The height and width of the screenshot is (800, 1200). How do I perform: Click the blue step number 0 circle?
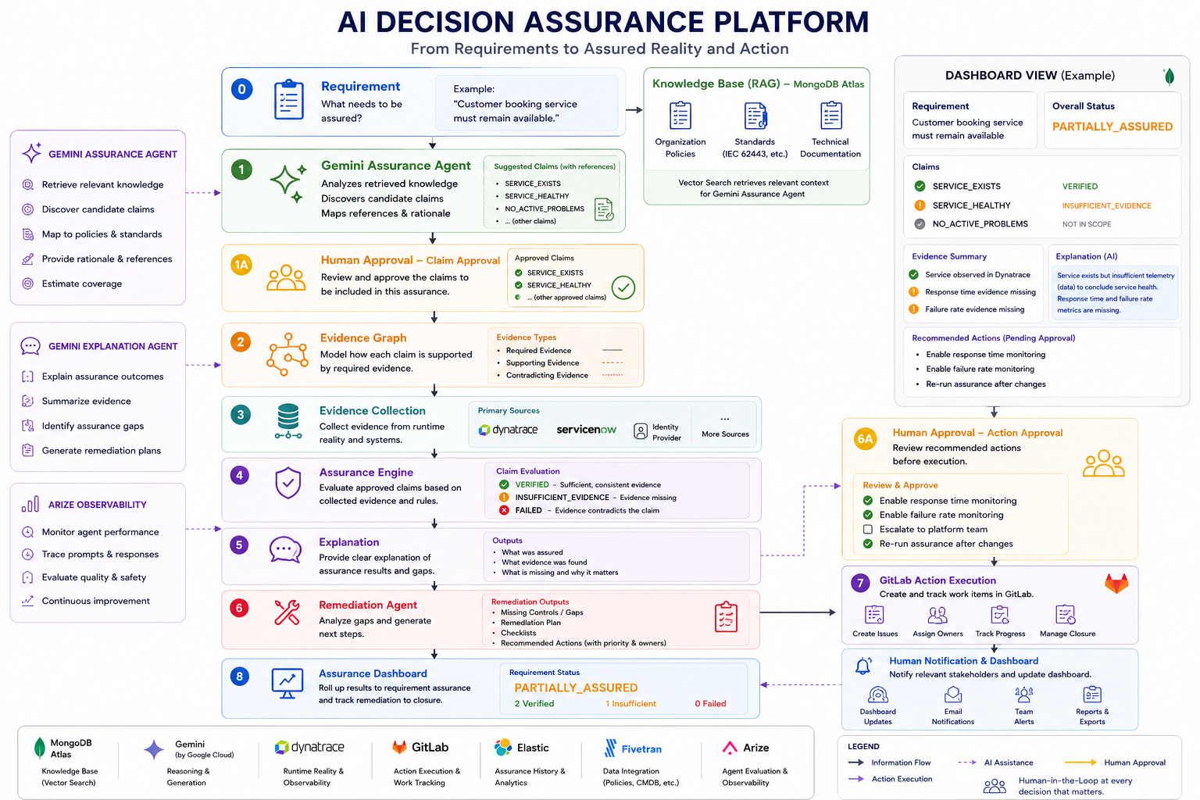click(x=241, y=89)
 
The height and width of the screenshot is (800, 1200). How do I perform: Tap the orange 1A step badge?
click(x=241, y=265)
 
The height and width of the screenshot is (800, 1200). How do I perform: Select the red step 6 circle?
click(x=240, y=608)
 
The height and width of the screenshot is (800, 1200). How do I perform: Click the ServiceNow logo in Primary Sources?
click(x=586, y=430)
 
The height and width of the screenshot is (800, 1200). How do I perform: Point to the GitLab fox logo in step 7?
click(x=1116, y=583)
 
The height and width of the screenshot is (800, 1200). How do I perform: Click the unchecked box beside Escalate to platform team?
click(x=868, y=530)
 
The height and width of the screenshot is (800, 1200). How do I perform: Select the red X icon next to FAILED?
click(x=504, y=510)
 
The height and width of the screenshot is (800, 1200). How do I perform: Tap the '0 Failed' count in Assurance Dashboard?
click(x=710, y=704)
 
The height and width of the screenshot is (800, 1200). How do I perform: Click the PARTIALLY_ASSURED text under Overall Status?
click(x=1112, y=127)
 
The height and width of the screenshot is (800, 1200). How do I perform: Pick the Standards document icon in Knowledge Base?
click(x=755, y=116)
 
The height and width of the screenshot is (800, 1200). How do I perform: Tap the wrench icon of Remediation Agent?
click(x=287, y=612)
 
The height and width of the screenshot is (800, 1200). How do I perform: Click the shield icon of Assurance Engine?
click(x=287, y=483)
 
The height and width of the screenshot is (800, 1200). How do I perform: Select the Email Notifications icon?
click(x=952, y=695)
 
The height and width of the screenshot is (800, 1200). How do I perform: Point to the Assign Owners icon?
click(x=937, y=615)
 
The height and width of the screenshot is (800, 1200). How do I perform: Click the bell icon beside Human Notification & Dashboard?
click(x=863, y=666)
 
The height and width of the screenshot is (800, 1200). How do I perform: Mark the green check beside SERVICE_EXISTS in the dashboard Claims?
click(x=920, y=186)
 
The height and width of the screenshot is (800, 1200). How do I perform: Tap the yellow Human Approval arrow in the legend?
click(x=1080, y=762)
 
